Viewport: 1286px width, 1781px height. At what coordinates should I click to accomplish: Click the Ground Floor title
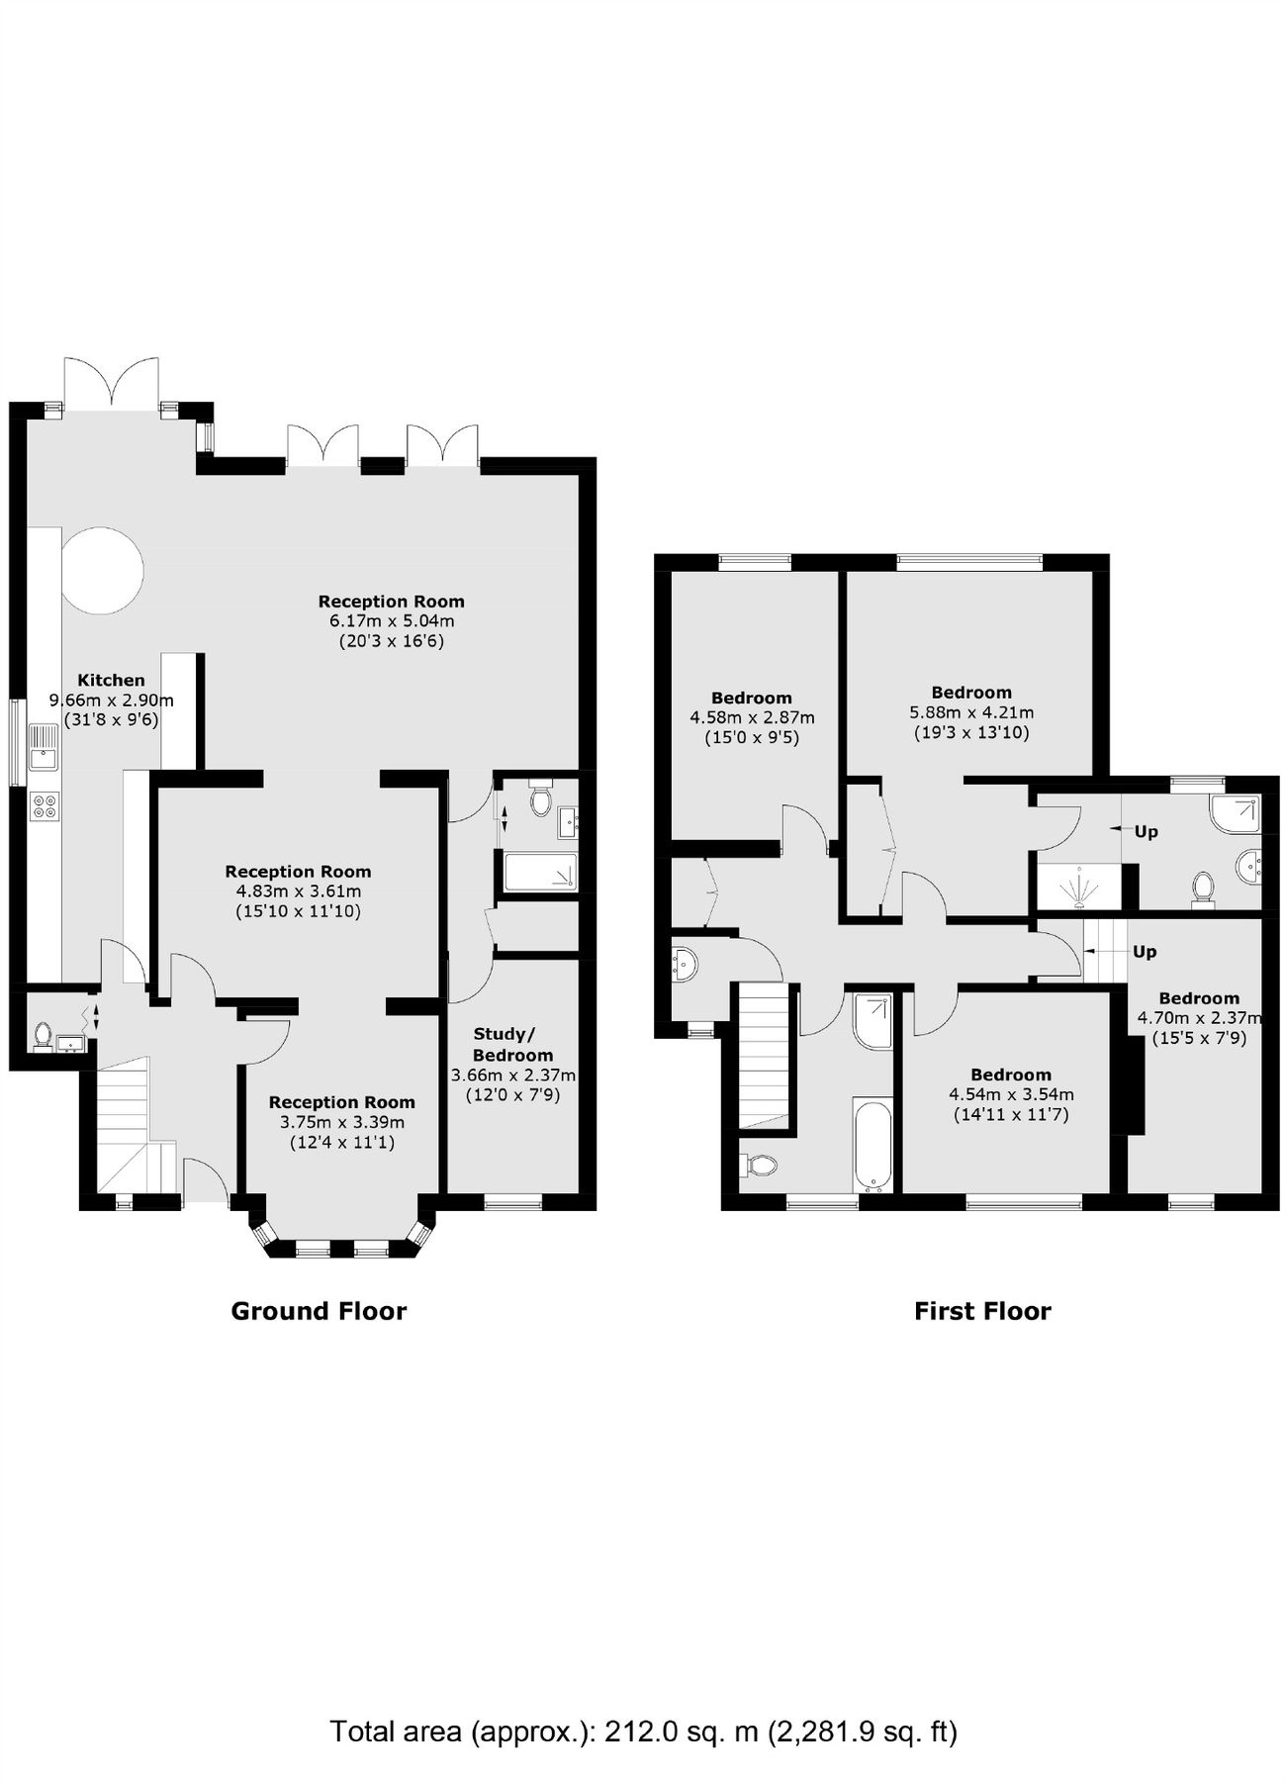[319, 1311]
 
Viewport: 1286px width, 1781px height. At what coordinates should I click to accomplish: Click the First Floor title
[981, 1311]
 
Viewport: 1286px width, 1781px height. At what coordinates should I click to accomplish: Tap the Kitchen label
[111, 680]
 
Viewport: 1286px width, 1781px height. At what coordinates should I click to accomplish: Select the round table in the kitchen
[103, 570]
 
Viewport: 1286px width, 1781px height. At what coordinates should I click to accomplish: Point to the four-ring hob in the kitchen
[45, 805]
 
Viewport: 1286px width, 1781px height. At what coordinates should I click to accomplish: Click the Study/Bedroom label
[512, 1045]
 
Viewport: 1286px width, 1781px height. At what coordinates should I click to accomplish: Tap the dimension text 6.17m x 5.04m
[391, 621]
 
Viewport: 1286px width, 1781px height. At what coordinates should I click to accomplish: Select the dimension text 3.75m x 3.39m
[341, 1122]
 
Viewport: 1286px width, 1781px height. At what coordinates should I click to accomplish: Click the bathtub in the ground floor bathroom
[540, 872]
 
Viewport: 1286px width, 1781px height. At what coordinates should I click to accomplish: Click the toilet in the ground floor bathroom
[540, 799]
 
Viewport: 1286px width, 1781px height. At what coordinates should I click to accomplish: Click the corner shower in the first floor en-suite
[1237, 814]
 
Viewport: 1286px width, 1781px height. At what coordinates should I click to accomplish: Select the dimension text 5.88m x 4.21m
[971, 712]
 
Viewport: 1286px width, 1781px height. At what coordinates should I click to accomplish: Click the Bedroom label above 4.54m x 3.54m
[1010, 1075]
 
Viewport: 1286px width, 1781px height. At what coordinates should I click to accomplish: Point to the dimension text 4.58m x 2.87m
[752, 717]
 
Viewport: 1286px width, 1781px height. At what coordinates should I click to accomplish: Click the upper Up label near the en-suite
[1146, 831]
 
